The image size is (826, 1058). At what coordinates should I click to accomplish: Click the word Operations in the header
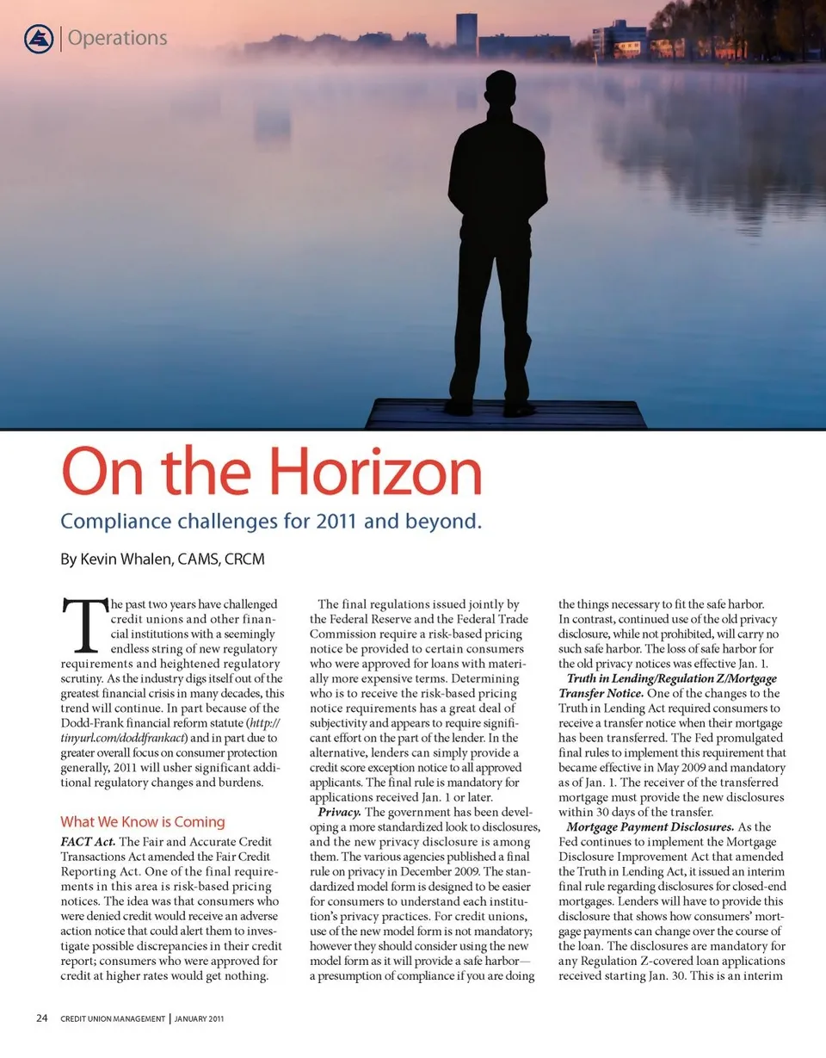(x=117, y=38)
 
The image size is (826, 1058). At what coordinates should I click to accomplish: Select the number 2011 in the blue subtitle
(x=373, y=522)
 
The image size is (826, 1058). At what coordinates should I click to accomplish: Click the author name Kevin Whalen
(x=125, y=560)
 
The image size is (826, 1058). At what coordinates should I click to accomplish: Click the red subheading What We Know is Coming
(x=143, y=821)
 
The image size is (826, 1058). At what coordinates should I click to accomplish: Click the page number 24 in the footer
(x=41, y=1019)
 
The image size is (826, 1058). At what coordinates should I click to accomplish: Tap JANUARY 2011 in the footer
(x=200, y=1020)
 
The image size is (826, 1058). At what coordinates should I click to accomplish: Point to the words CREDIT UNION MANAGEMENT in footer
(x=113, y=1020)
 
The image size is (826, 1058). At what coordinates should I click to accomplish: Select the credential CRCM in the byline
(x=244, y=560)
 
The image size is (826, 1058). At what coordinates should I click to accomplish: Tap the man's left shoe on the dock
(x=518, y=409)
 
